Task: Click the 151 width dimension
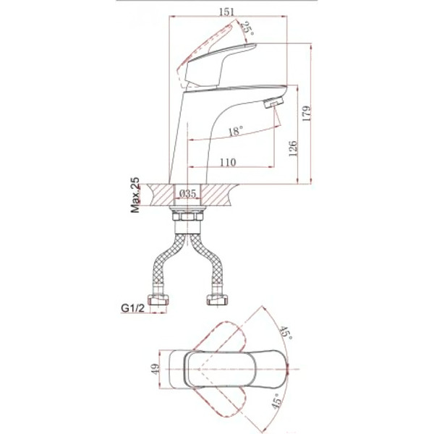(x=226, y=12)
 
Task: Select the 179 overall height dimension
(x=307, y=113)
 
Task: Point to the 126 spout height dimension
(x=292, y=148)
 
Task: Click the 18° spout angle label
(x=236, y=131)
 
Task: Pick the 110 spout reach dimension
(x=228, y=162)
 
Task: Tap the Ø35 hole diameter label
(x=187, y=193)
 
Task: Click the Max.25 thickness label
(x=135, y=195)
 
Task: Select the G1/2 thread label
(x=133, y=308)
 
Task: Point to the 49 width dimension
(x=156, y=369)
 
